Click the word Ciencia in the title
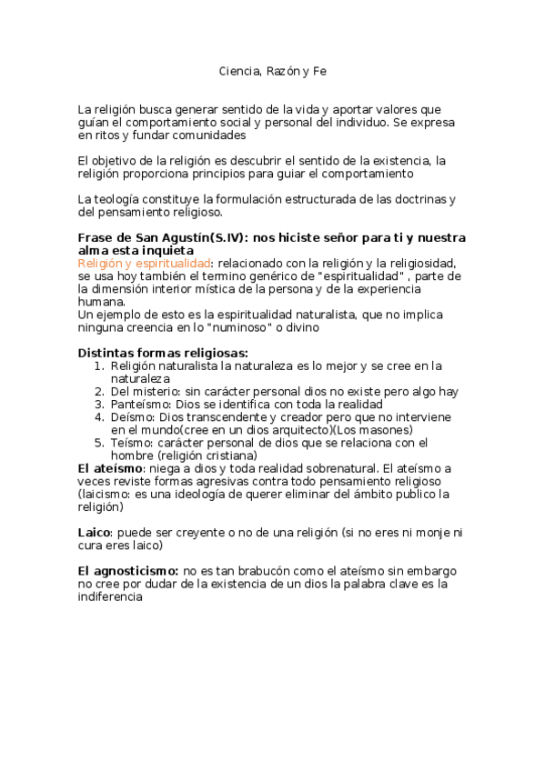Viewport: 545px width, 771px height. coord(237,70)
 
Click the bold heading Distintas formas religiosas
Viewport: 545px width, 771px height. coord(163,353)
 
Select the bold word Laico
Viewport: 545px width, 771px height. coord(94,532)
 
